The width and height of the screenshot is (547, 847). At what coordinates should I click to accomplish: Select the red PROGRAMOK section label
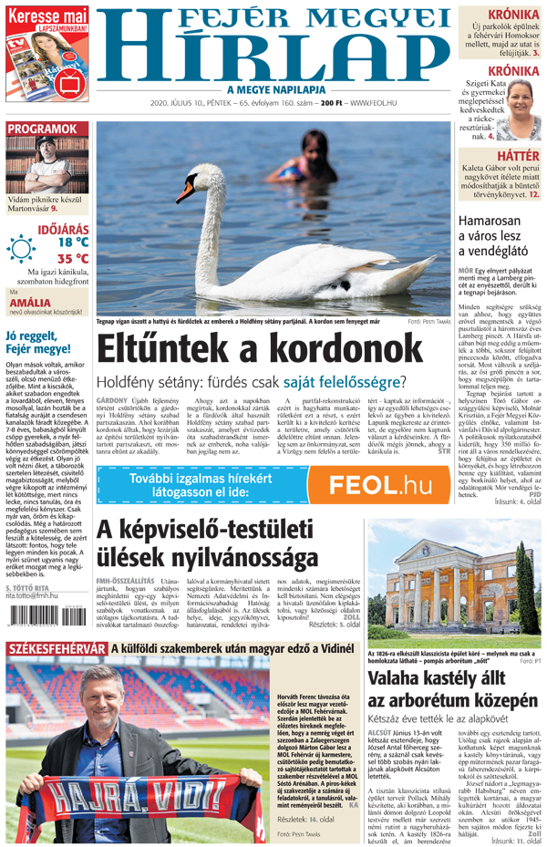tap(44, 129)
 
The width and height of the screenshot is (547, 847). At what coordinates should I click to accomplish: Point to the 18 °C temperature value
tap(73, 242)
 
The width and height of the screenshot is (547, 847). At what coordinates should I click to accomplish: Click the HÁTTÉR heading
tap(516, 157)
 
